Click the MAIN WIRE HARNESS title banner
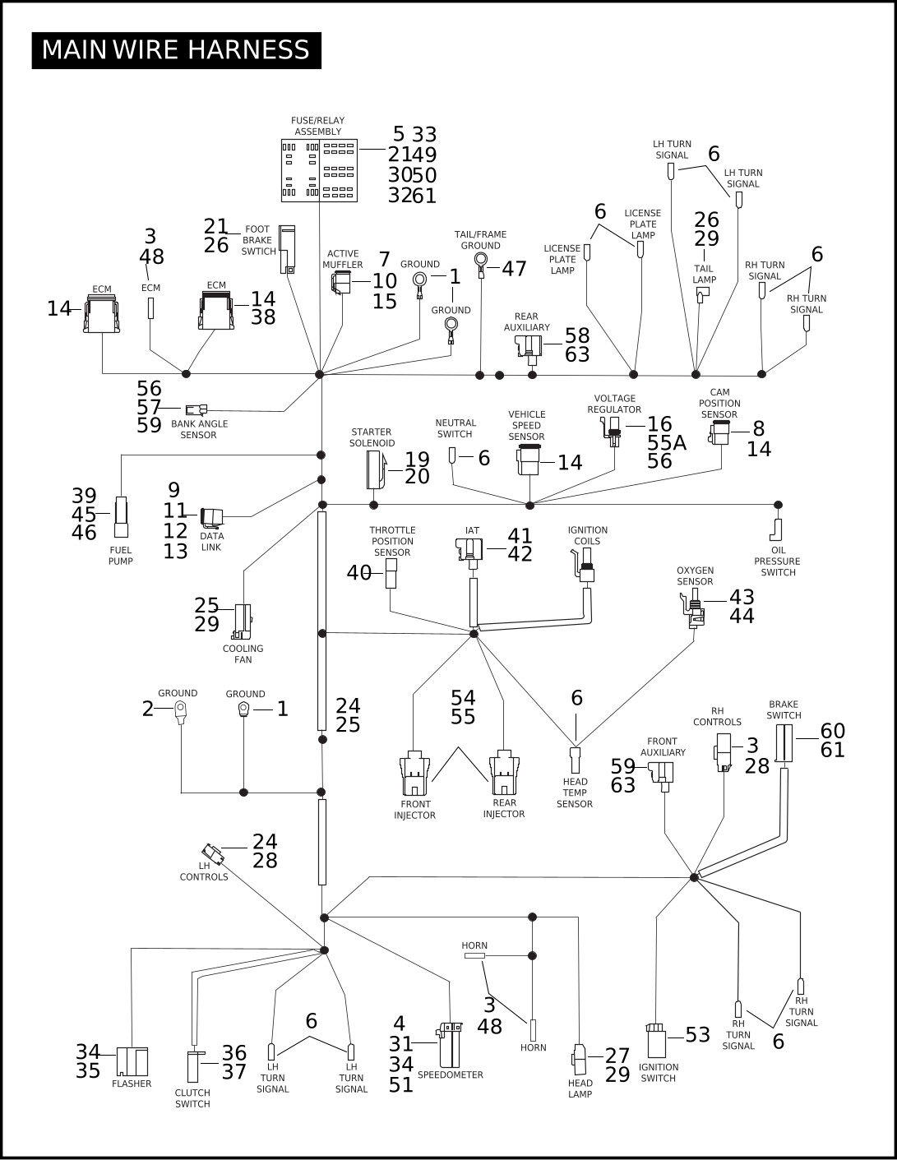tap(176, 50)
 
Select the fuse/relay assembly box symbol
tap(319, 170)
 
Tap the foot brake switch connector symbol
tap(287, 249)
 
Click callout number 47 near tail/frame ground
tap(514, 269)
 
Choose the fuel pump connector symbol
tap(121, 517)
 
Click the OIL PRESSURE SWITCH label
tap(778, 561)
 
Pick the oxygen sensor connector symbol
tap(694, 608)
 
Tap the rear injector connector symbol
tap(504, 773)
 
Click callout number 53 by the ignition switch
tap(697, 1035)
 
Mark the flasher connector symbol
tap(132, 1062)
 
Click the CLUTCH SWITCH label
tap(192, 1098)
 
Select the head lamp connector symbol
tap(579, 1060)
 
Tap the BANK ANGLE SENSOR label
tap(199, 429)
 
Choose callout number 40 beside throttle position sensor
tap(359, 573)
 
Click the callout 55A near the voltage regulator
tap(667, 443)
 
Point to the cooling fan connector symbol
tap(242, 622)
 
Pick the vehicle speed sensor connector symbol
tap(529, 460)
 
